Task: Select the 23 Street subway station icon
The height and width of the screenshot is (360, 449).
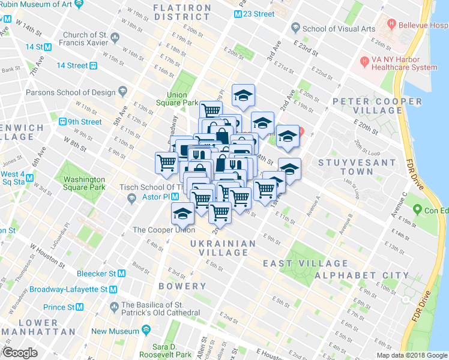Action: pyautogui.click(x=239, y=13)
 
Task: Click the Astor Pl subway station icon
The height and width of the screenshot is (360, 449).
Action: pyautogui.click(x=175, y=197)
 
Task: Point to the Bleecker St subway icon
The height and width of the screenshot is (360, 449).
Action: pyautogui.click(x=121, y=273)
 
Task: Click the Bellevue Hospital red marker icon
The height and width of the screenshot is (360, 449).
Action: pyautogui.click(x=392, y=25)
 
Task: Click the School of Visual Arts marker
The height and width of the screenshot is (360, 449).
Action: pyautogui.click(x=295, y=28)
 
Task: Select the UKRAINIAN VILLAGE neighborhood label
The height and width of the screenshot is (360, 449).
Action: pyautogui.click(x=223, y=248)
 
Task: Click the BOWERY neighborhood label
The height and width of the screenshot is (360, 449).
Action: pyautogui.click(x=182, y=286)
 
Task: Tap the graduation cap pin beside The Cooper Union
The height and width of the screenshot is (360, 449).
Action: pyautogui.click(x=182, y=213)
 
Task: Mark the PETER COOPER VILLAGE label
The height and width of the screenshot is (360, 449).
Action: pyautogui.click(x=367, y=106)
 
